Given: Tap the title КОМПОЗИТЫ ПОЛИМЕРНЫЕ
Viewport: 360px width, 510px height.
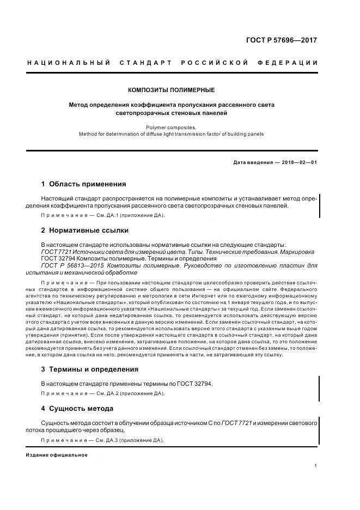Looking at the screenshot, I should (171, 90).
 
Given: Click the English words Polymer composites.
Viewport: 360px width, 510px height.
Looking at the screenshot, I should (171, 127).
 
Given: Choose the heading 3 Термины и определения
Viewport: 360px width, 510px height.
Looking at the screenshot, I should (90, 369).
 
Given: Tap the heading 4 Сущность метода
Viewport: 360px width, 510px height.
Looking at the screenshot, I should (77, 408).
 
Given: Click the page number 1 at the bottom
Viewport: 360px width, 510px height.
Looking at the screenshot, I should (316, 466).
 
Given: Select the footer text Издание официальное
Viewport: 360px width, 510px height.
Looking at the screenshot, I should (57, 455).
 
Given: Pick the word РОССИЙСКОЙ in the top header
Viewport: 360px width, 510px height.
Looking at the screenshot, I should (218, 63).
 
